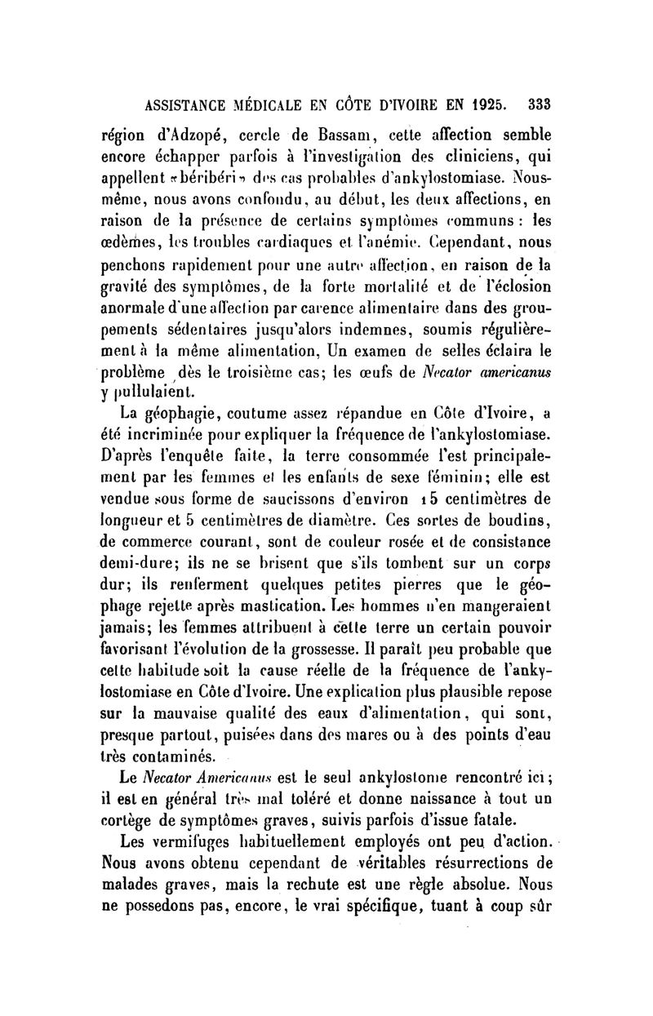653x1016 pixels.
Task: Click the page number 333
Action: tap(540, 104)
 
